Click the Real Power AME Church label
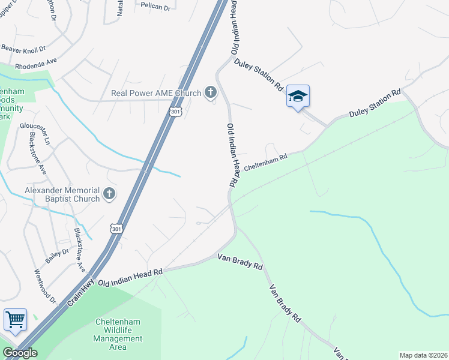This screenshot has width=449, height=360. (157, 93)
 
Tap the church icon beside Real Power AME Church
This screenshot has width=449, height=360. (210, 92)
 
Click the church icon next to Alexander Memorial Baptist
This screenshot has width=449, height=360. (109, 193)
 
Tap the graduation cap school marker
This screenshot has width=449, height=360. (298, 96)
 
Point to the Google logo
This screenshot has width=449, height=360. (20, 353)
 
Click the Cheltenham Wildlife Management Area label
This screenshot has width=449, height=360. (118, 334)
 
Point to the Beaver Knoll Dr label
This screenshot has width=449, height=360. (25, 46)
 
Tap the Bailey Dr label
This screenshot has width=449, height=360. (58, 257)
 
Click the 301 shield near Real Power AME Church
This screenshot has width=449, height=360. (175, 112)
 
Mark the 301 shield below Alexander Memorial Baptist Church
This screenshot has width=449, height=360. (117, 229)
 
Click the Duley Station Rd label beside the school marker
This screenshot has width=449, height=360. (259, 74)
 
